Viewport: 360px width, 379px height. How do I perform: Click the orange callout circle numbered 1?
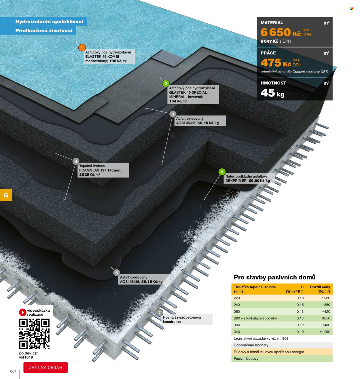[x=82, y=48]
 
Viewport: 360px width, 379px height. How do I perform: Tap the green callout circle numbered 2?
[x=166, y=84]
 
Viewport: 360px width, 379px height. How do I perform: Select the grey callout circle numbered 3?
[x=173, y=114]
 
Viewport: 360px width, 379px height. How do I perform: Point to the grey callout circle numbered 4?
[x=76, y=161]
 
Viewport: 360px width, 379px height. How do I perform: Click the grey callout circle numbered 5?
[x=116, y=273]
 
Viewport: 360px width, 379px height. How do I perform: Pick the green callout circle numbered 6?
[x=222, y=172]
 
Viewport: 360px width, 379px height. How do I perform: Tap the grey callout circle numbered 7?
[x=159, y=313]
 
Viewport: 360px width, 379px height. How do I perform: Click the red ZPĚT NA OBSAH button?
[x=46, y=367]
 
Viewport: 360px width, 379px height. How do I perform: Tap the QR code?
[x=34, y=334]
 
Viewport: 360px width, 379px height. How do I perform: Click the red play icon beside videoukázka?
[x=22, y=312]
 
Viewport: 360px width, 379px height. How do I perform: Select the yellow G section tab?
[x=6, y=195]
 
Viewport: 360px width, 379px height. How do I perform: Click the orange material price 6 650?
[x=276, y=32]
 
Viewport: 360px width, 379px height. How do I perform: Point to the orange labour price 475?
[x=271, y=63]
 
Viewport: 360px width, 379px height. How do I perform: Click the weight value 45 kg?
[x=272, y=93]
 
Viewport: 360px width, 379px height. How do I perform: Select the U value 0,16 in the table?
[x=300, y=298]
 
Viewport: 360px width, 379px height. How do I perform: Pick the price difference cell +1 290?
[x=325, y=332]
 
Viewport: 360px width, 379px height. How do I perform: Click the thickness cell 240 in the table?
[x=237, y=305]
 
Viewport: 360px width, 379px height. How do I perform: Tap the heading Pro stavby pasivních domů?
[x=274, y=277]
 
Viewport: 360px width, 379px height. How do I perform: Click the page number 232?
[x=12, y=372]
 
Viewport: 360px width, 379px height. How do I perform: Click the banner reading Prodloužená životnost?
[x=44, y=31]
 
